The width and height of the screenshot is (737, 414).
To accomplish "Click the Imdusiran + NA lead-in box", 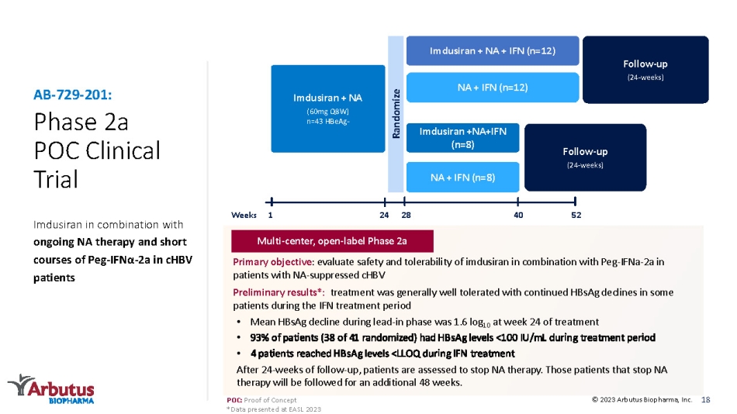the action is point(328,109).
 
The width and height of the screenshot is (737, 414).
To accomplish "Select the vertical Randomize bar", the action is point(396,114).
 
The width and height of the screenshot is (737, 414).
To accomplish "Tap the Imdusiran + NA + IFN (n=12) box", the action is point(493,50).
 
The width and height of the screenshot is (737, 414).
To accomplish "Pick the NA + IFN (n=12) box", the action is point(493,88).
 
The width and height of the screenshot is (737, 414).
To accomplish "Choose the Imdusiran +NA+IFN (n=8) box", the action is point(463,138).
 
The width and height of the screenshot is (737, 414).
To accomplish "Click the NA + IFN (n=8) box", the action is point(463,178).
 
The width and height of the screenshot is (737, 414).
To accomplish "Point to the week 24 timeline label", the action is point(384,216).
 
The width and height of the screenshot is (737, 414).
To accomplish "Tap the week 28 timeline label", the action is point(406,216).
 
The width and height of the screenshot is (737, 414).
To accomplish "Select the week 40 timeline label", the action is point(518,216).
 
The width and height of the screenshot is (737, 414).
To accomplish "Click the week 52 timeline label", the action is point(576,216).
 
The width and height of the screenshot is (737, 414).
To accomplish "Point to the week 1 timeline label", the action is point(270,216).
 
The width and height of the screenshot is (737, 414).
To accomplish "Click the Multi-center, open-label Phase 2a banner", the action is point(332,241).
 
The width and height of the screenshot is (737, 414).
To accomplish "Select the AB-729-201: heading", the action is point(72,95).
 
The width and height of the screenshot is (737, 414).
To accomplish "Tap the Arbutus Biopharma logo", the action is point(51,388).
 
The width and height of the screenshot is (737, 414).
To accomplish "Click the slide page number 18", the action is point(705,400).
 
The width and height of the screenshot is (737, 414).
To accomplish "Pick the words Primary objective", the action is point(272,262).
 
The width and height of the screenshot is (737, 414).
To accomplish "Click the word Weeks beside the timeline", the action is point(244,216).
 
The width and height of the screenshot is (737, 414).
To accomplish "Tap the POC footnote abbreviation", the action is point(234,400).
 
